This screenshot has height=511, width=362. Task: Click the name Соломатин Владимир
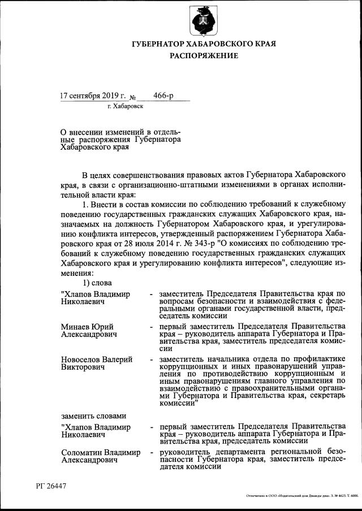pos(101,452)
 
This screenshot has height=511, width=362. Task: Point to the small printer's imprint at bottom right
pos(303,496)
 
